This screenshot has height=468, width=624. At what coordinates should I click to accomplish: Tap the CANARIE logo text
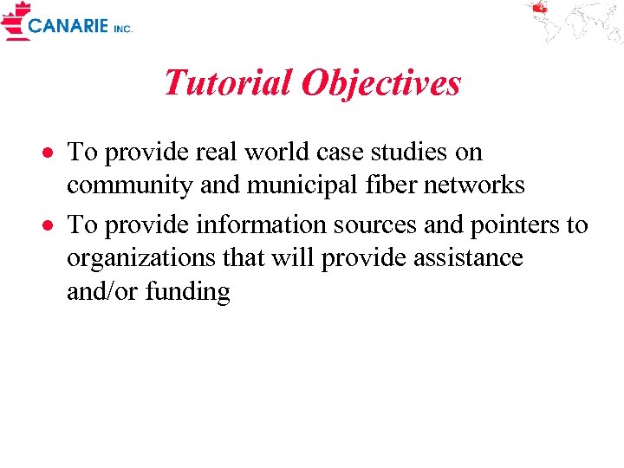point(68,27)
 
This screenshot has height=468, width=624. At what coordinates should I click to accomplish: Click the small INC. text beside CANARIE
point(122,29)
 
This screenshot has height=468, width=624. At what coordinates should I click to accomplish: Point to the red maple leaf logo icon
point(15,20)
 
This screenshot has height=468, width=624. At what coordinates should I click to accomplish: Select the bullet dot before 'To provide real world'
point(51,153)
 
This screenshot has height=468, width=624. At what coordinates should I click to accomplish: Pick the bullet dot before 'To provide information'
point(51,226)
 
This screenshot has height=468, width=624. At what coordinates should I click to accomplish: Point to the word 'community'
point(129,185)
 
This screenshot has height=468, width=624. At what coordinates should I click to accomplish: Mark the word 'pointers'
point(516,225)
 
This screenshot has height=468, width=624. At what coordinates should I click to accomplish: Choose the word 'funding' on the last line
point(188,292)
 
